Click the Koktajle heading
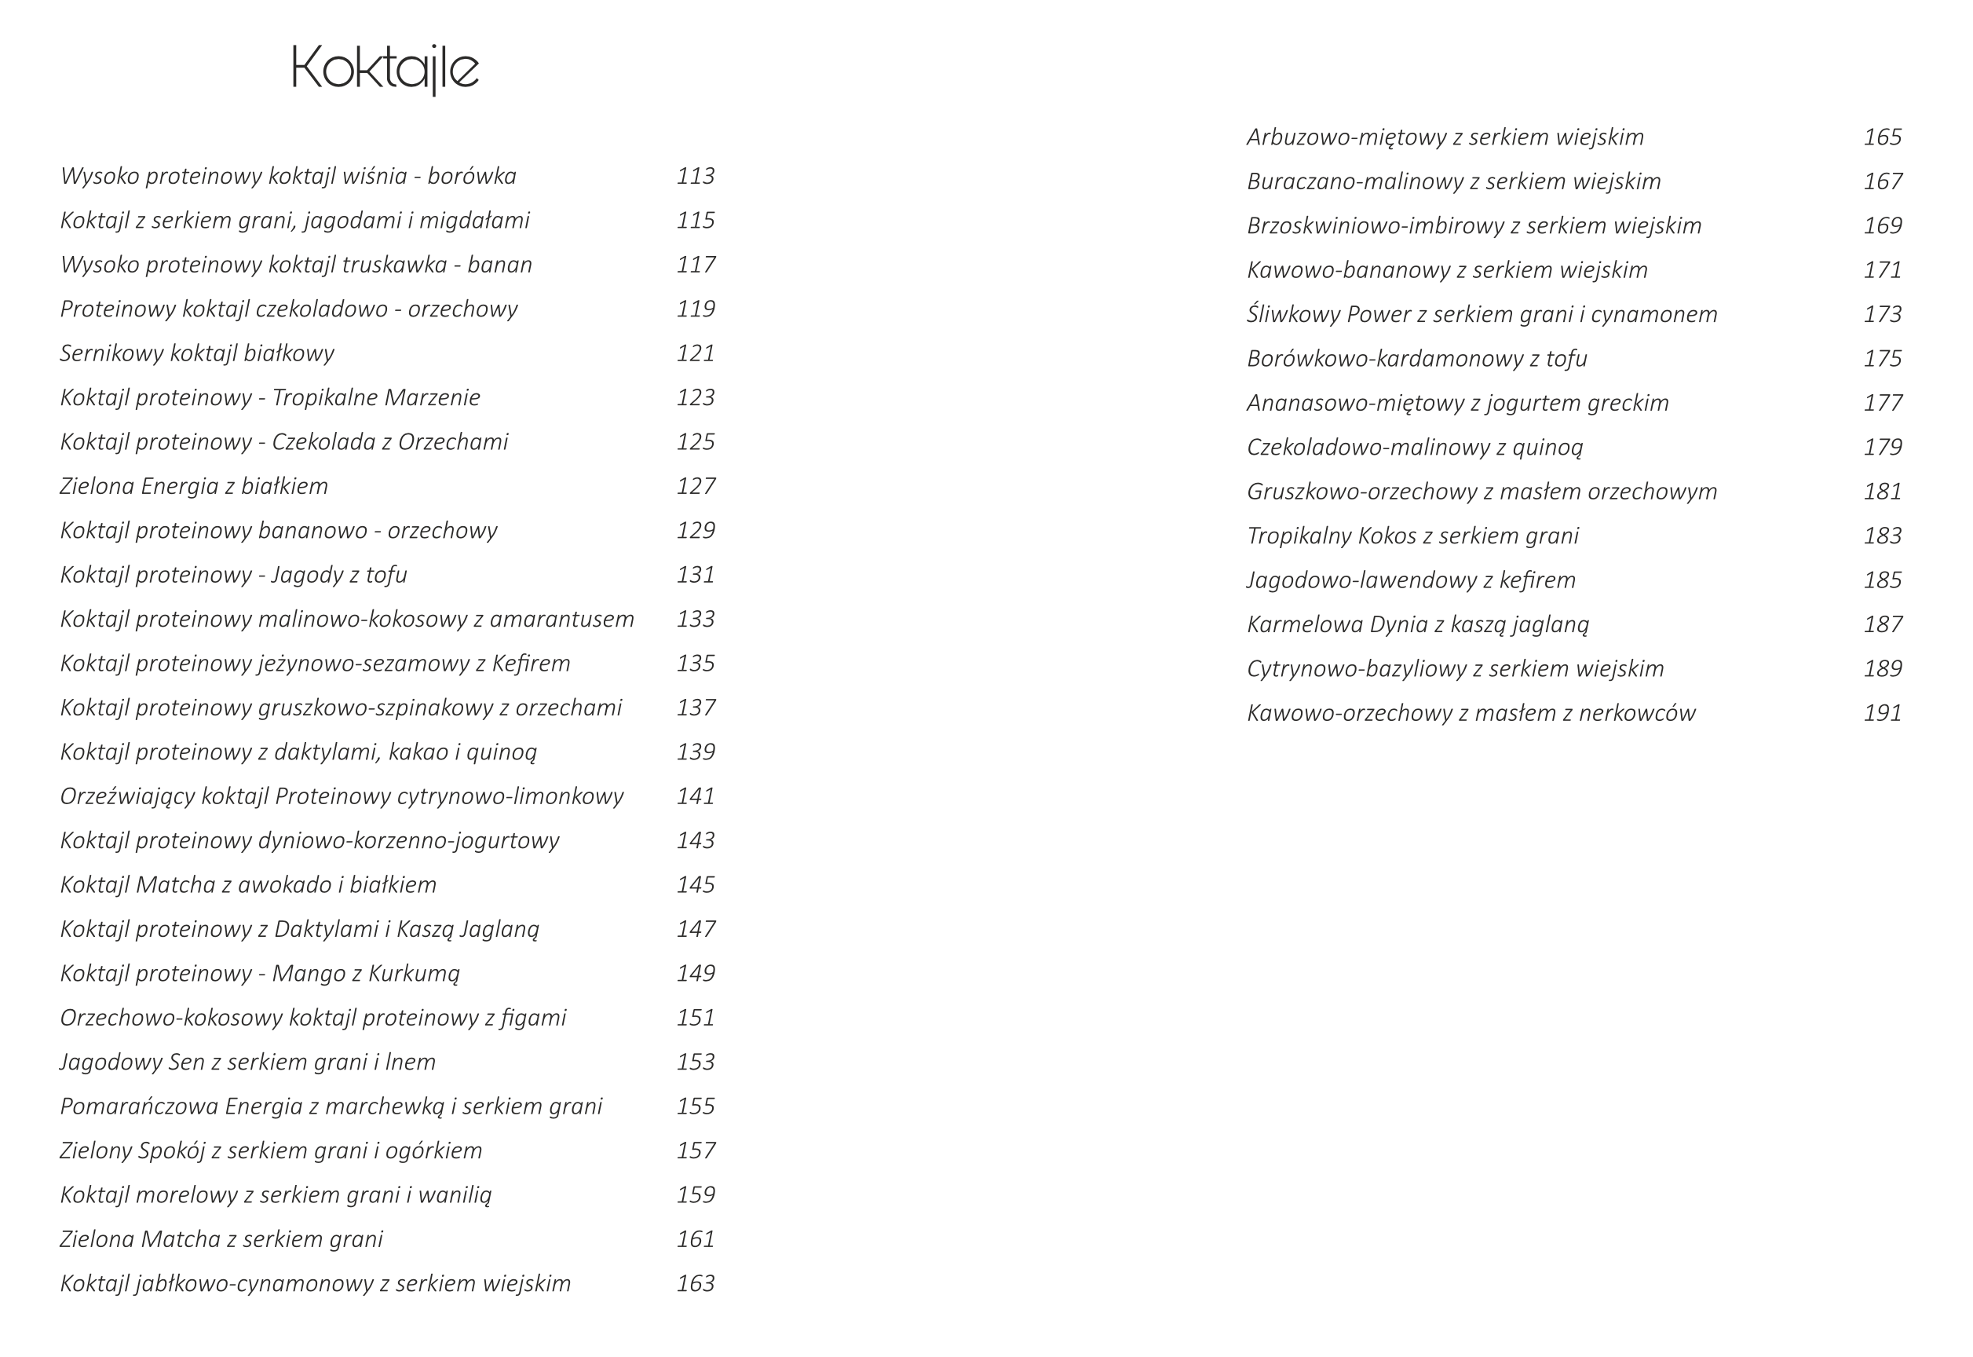click(x=385, y=68)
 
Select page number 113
click(x=696, y=176)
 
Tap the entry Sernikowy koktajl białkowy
click(x=197, y=353)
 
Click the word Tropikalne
click(x=322, y=397)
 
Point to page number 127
click(x=696, y=485)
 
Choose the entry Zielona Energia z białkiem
click(x=194, y=485)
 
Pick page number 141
click(x=696, y=796)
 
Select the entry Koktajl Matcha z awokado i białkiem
click(x=248, y=884)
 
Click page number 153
click(x=696, y=1062)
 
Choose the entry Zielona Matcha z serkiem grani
click(x=221, y=1239)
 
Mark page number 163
click(x=696, y=1283)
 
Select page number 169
click(x=1882, y=225)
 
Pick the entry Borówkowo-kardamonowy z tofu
click(x=1416, y=359)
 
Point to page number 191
click(x=1882, y=712)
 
